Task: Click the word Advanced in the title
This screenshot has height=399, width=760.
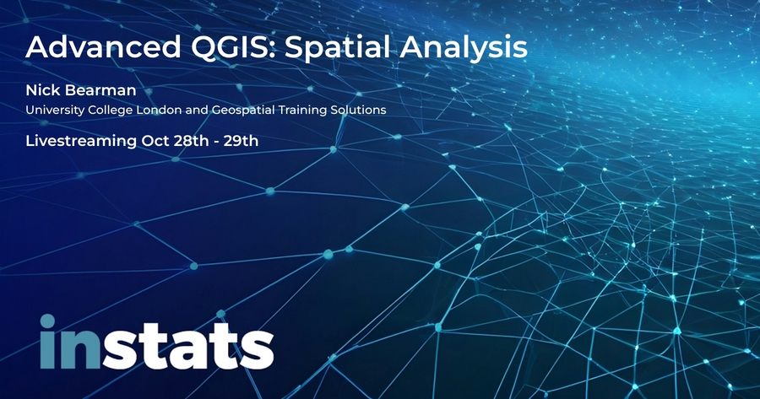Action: coord(103,47)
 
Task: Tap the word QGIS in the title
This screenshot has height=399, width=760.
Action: coord(231,47)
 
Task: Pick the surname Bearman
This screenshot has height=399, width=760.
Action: coord(100,90)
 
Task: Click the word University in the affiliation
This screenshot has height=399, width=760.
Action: coord(55,111)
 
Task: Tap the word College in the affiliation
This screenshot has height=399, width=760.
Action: coord(110,111)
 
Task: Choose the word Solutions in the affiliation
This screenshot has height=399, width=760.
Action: coord(359,110)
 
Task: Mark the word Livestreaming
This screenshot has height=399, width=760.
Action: coord(81,142)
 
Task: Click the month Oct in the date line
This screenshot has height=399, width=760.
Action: coord(153,141)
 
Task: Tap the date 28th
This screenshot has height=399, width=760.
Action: coord(188,141)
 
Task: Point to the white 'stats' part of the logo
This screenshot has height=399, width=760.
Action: coord(187,346)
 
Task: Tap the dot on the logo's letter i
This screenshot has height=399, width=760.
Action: coord(47,321)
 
